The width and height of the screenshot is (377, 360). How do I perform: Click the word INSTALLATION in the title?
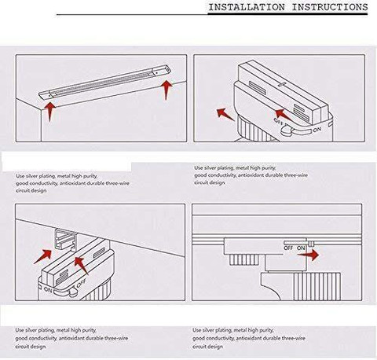tap(247, 7)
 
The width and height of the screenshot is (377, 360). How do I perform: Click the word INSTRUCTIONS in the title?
tap(330, 7)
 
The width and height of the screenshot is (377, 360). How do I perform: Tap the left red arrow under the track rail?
tap(49, 112)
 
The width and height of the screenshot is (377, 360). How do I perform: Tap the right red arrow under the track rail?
tap(166, 90)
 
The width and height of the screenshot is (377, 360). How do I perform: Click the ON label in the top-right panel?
tap(317, 130)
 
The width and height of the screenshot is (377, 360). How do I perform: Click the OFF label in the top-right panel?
tap(278, 121)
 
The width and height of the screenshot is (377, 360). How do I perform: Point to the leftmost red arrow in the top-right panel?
tap(225, 115)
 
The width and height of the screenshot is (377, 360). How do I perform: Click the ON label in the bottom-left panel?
tap(48, 290)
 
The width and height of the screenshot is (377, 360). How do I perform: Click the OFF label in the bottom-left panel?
tap(82, 283)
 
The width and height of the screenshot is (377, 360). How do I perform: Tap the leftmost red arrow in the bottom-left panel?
tap(42, 256)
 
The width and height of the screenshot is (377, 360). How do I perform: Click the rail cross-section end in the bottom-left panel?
tap(65, 239)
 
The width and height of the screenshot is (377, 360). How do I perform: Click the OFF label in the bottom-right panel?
tap(288, 248)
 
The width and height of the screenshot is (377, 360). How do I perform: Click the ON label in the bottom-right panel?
tap(301, 248)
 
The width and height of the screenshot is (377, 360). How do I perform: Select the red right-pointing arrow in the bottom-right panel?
tap(308, 255)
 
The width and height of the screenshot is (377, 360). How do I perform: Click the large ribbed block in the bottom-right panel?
tap(317, 286)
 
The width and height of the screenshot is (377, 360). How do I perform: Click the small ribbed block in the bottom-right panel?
tap(243, 259)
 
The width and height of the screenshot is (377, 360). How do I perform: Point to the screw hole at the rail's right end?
tap(156, 72)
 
